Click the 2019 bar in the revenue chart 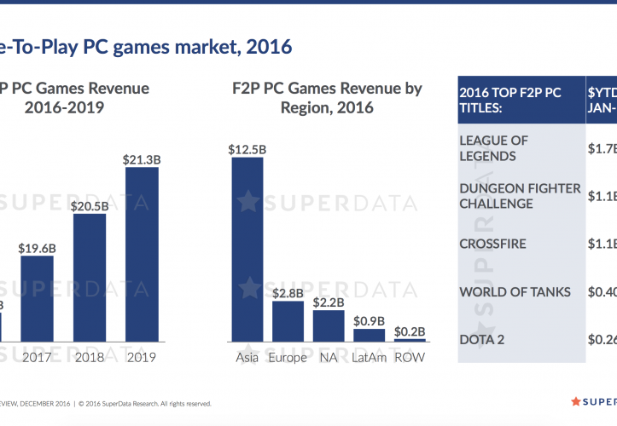(141, 254)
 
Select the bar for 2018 (90, 277)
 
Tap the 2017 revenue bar (37, 298)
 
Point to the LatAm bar (369, 335)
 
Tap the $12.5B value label (247, 149)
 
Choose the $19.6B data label (38, 248)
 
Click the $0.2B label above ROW (410, 331)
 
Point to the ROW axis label (410, 358)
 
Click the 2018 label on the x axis (90, 358)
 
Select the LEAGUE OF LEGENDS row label (494, 148)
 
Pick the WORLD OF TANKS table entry (514, 292)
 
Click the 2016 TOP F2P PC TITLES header (509, 100)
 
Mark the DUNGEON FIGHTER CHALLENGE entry (519, 196)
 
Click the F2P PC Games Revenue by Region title (327, 98)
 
